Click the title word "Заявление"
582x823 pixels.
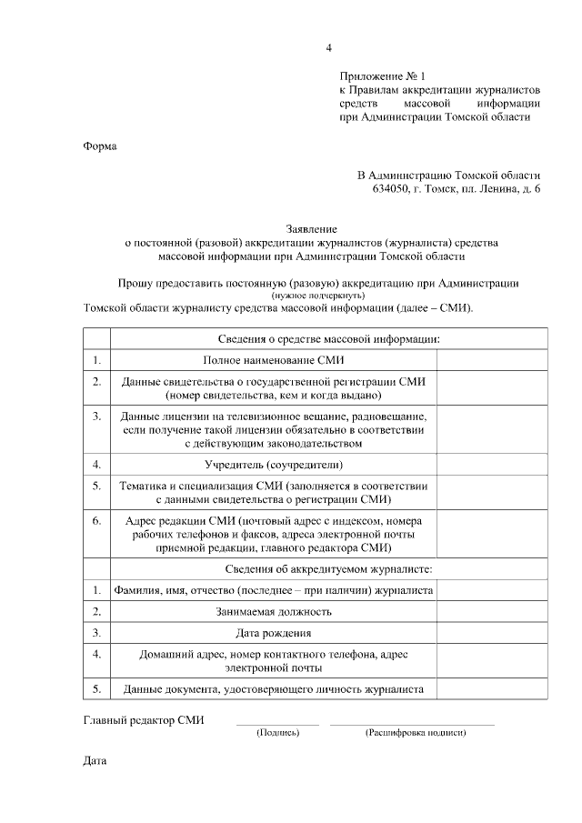pyautogui.click(x=311, y=230)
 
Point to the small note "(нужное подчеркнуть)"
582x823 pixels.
pyautogui.click(x=318, y=295)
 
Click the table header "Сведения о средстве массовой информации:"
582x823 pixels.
pyautogui.click(x=315, y=339)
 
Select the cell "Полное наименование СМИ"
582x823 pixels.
pyautogui.click(x=273, y=361)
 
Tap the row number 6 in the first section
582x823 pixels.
pyautogui.click(x=96, y=521)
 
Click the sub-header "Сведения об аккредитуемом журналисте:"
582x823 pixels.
pyautogui.click(x=315, y=568)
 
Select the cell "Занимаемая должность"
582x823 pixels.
pyautogui.click(x=273, y=612)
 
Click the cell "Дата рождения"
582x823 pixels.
pyautogui.click(x=273, y=633)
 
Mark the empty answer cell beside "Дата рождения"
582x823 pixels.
pyautogui.click(x=492, y=633)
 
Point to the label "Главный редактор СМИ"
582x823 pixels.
pyautogui.click(x=144, y=720)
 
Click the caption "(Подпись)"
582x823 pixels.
pyautogui.click(x=277, y=732)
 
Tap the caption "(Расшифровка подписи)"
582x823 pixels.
pyautogui.click(x=415, y=732)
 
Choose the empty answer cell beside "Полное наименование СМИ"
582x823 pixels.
pyautogui.click(x=492, y=361)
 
